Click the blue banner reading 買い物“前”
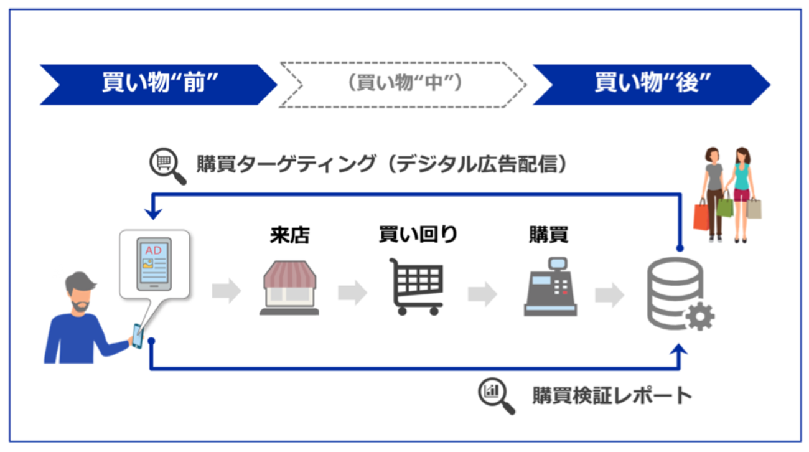tap(156, 84)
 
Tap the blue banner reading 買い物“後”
tap(650, 84)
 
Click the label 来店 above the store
tap(289, 235)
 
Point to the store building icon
tap(289, 287)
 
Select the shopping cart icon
tap(418, 287)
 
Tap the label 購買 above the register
tap(548, 235)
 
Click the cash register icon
tap(549, 288)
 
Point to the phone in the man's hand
tap(137, 336)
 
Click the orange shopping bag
tap(701, 215)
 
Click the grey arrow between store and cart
tap(352, 293)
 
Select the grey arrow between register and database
tap(609, 293)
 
